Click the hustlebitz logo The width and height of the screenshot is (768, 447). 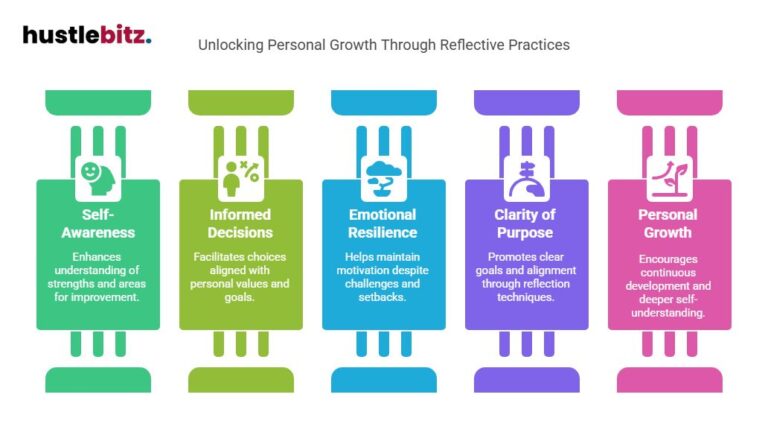[x=87, y=35]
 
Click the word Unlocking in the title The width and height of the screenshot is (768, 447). [x=227, y=45]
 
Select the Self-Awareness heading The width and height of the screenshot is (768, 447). [x=97, y=224]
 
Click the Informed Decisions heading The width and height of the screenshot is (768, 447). [x=240, y=224]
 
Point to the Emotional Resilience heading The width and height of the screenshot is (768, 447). [x=383, y=224]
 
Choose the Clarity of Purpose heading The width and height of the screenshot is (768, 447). [x=526, y=224]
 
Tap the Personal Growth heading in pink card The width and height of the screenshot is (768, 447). [x=669, y=224]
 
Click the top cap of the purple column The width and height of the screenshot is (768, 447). [x=526, y=101]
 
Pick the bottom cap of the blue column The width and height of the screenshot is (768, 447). [x=383, y=379]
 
